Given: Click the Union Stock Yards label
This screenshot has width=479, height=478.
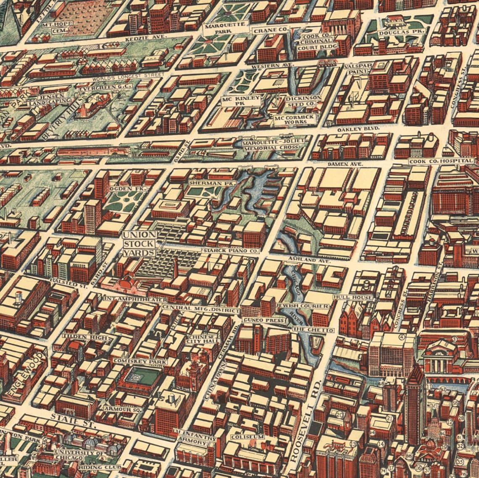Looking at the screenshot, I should pyautogui.click(x=139, y=244).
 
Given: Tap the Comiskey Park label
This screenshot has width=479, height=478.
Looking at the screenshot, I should pyautogui.click(x=140, y=361).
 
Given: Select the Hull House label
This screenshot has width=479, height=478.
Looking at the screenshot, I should pyautogui.click(x=353, y=297).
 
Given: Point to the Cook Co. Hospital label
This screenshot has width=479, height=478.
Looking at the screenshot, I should pyautogui.click(x=442, y=161).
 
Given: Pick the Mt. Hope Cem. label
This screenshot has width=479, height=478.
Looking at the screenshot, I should pyautogui.click(x=55, y=28).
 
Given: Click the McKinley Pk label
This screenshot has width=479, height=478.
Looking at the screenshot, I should pyautogui.click(x=242, y=101).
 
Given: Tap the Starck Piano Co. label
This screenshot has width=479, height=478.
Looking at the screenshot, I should pyautogui.click(x=230, y=251).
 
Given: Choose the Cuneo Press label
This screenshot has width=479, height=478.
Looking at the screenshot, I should pyautogui.click(x=264, y=320).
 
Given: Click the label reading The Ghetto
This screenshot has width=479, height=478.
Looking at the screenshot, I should pyautogui.click(x=313, y=330).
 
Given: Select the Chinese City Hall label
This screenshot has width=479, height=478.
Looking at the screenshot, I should pyautogui.click(x=203, y=339).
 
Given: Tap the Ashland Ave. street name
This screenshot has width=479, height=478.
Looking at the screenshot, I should pyautogui.click(x=309, y=260).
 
